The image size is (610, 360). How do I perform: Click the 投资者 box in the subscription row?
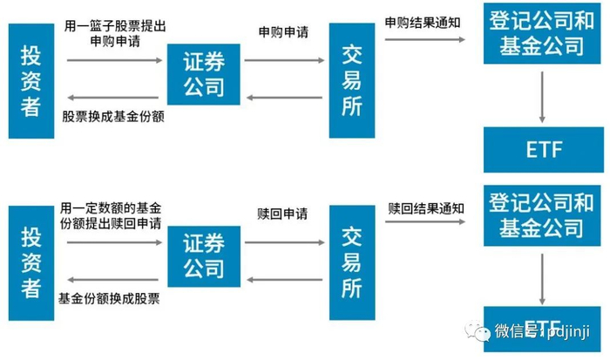click(31, 81)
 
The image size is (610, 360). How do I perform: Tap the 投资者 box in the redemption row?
click(31, 263)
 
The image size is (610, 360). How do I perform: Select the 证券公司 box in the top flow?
click(203, 74)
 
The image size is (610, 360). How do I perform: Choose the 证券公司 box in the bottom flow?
click(204, 256)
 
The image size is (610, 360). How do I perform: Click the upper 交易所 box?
click(352, 80)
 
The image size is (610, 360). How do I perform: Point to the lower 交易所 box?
click(352, 262)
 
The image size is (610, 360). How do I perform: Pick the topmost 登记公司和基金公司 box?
click(542, 33)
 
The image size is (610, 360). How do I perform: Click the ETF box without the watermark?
click(544, 149)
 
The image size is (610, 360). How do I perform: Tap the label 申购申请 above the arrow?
click(283, 32)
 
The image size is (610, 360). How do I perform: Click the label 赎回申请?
click(282, 214)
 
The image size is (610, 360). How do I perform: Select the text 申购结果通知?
click(423, 23)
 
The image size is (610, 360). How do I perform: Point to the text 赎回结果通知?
click(426, 208)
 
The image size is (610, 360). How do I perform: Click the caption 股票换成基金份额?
click(113, 116)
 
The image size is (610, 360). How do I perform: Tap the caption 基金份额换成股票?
click(109, 298)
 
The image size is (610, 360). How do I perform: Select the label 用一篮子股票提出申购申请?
click(115, 33)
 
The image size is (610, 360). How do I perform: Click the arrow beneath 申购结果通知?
click(425, 39)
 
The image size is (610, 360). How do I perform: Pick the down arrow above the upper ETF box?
click(542, 98)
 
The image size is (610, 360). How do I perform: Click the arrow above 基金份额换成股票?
click(112, 280)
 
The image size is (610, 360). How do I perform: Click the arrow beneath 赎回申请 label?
click(284, 242)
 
